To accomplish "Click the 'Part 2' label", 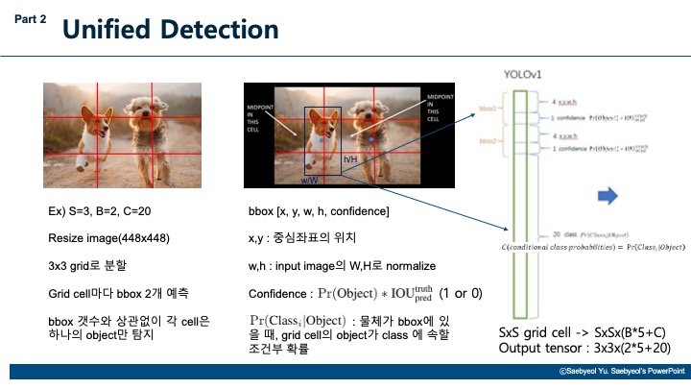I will pos(30,18).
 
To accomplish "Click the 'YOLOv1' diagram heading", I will pos(523,75).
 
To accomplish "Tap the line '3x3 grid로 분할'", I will pos(80,264).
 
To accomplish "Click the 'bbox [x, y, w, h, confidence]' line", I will pos(318,210).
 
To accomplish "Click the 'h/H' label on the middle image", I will pos(350,158).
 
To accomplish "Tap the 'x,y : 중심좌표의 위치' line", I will pos(303,237).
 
